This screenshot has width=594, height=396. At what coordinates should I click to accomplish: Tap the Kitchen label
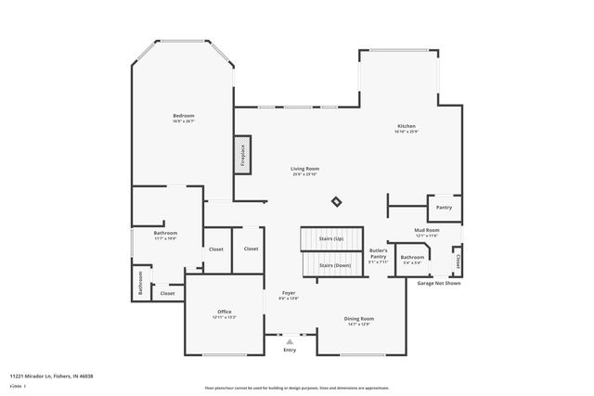(x=407, y=126)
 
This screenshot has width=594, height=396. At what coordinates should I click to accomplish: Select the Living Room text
(x=305, y=169)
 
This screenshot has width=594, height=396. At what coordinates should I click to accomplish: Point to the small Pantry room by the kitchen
(x=444, y=207)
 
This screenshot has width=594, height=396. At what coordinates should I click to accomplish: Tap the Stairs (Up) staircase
(x=331, y=239)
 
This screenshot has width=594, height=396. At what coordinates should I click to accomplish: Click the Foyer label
(x=290, y=293)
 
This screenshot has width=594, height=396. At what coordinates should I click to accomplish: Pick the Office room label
(x=225, y=312)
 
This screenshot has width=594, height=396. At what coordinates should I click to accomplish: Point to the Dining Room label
(x=359, y=319)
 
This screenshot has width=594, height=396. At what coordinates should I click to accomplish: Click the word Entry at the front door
(x=290, y=349)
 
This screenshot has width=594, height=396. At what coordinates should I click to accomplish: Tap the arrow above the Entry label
(x=290, y=340)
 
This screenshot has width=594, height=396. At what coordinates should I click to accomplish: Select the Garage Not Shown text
(x=439, y=283)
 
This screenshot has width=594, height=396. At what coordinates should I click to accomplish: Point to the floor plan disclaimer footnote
(x=297, y=388)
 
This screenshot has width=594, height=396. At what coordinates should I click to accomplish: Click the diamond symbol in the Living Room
(x=337, y=201)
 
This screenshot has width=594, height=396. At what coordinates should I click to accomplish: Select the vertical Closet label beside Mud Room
(x=457, y=262)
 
